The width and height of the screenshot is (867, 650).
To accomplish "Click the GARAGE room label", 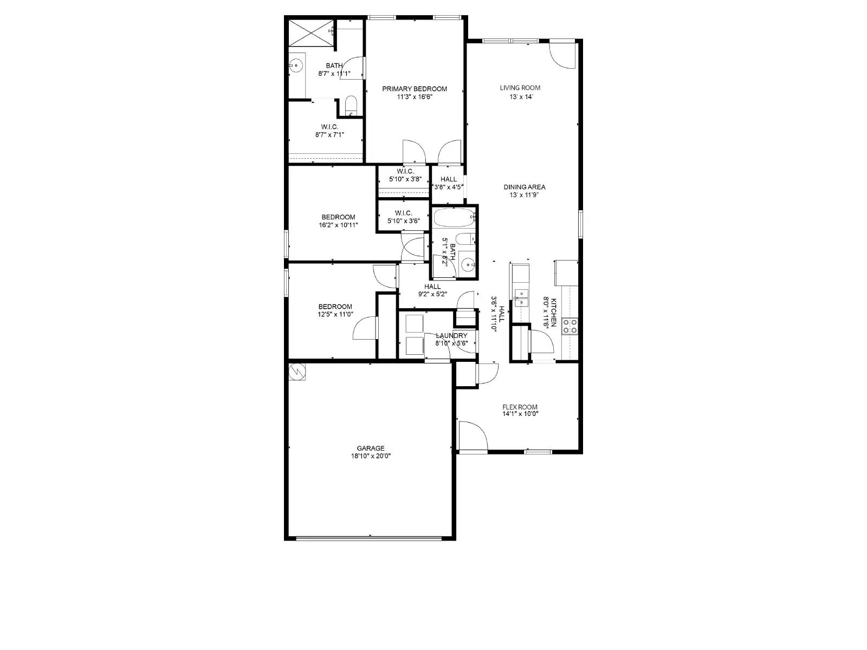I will pyautogui.click(x=371, y=448).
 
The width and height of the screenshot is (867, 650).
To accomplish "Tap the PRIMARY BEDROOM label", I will pyautogui.click(x=415, y=89).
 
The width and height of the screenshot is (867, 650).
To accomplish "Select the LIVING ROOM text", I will pyautogui.click(x=520, y=88).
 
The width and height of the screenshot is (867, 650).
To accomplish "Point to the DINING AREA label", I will pyautogui.click(x=524, y=187).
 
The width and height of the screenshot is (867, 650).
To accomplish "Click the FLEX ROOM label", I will pyautogui.click(x=520, y=407).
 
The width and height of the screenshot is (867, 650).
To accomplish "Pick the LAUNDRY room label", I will pyautogui.click(x=451, y=336).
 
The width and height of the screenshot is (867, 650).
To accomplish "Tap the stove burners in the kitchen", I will pyautogui.click(x=571, y=326).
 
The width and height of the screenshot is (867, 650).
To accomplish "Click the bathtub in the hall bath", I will pyautogui.click(x=454, y=218).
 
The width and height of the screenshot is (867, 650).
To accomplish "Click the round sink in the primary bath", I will pyautogui.click(x=295, y=66).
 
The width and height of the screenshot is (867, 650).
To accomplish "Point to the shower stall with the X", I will pyautogui.click(x=308, y=32).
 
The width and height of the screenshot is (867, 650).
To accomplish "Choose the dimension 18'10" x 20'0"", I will pyautogui.click(x=371, y=456).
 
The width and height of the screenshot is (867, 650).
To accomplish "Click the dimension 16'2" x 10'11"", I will pyautogui.click(x=338, y=225).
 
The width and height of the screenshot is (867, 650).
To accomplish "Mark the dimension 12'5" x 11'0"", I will pyautogui.click(x=335, y=314).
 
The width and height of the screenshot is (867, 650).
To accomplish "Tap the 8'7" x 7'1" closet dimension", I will pyautogui.click(x=329, y=135).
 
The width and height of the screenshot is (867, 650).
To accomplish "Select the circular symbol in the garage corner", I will pyautogui.click(x=297, y=372).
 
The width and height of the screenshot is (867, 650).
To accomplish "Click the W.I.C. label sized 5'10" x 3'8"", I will pyautogui.click(x=405, y=179).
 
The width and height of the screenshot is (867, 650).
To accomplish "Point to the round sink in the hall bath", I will pyautogui.click(x=467, y=265).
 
